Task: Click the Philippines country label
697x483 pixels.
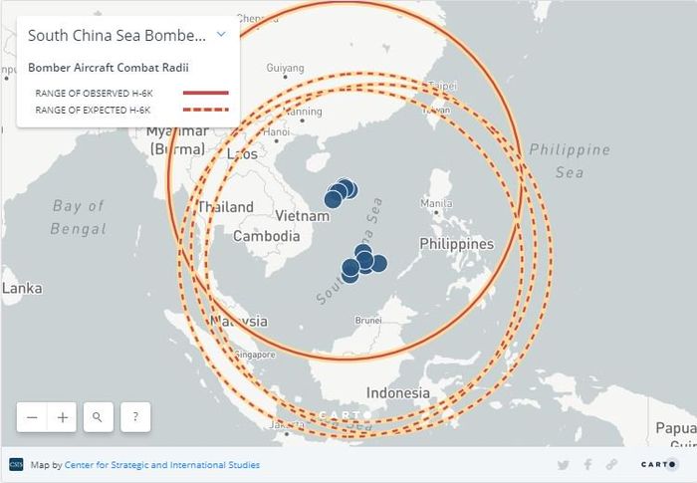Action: pyautogui.click(x=456, y=244)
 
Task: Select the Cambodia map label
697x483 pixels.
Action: pyautogui.click(x=266, y=237)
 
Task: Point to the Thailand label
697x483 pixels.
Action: pyautogui.click(x=225, y=208)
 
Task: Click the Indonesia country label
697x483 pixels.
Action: pyautogui.click(x=397, y=393)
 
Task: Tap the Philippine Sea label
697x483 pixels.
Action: pyautogui.click(x=570, y=160)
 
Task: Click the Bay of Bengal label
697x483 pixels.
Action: pyautogui.click(x=79, y=217)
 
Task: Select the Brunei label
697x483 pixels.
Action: pyautogui.click(x=368, y=321)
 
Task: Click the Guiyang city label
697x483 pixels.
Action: pyautogui.click(x=285, y=69)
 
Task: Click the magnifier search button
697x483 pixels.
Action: pyautogui.click(x=98, y=417)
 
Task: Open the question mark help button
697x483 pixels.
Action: pyautogui.click(x=135, y=417)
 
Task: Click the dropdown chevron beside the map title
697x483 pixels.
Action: pyautogui.click(x=222, y=34)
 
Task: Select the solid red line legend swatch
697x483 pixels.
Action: pyautogui.click(x=206, y=93)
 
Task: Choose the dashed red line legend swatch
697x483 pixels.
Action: pyautogui.click(x=206, y=109)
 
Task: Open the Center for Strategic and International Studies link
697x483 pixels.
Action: pyautogui.click(x=162, y=465)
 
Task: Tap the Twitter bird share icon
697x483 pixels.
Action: pyautogui.click(x=564, y=465)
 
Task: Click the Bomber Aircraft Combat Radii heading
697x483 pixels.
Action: pyautogui.click(x=109, y=68)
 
